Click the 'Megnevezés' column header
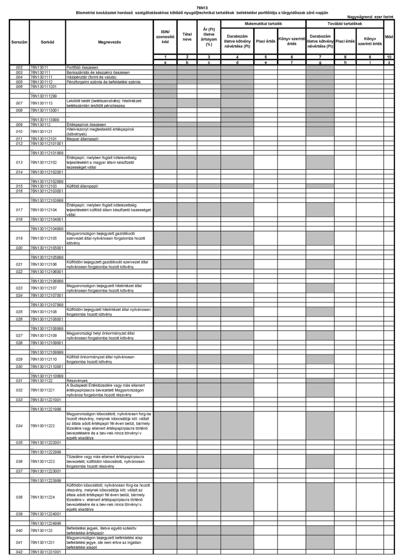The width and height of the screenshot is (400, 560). coord(109,39)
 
